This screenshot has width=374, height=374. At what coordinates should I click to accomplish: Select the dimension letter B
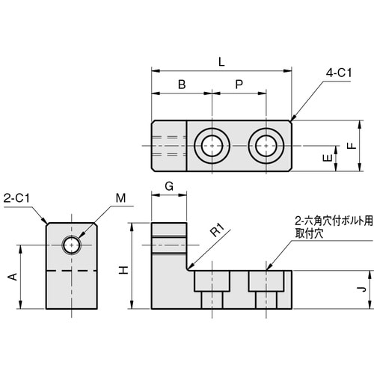pos(181,85)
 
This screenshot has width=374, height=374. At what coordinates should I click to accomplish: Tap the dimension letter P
pos(238,85)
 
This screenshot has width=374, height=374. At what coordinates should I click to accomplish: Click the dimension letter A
pos(11,278)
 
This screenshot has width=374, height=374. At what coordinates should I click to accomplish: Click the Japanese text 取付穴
pos(308,233)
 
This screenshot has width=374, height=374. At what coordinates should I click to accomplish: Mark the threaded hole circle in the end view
pos(72,244)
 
